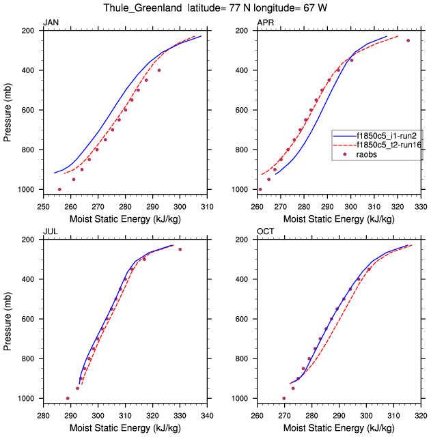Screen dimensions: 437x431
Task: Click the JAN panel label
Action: (x=51, y=23)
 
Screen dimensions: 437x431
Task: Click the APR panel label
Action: (x=265, y=23)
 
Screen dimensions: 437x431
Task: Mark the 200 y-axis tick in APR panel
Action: (x=243, y=31)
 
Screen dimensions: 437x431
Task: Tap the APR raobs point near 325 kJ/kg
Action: (x=408, y=40)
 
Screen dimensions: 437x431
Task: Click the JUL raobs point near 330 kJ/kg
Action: (x=180, y=249)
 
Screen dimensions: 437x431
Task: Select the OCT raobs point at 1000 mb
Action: (x=284, y=398)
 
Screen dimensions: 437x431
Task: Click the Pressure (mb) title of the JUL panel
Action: (x=8, y=319)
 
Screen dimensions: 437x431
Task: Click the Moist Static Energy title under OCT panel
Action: (x=339, y=427)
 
